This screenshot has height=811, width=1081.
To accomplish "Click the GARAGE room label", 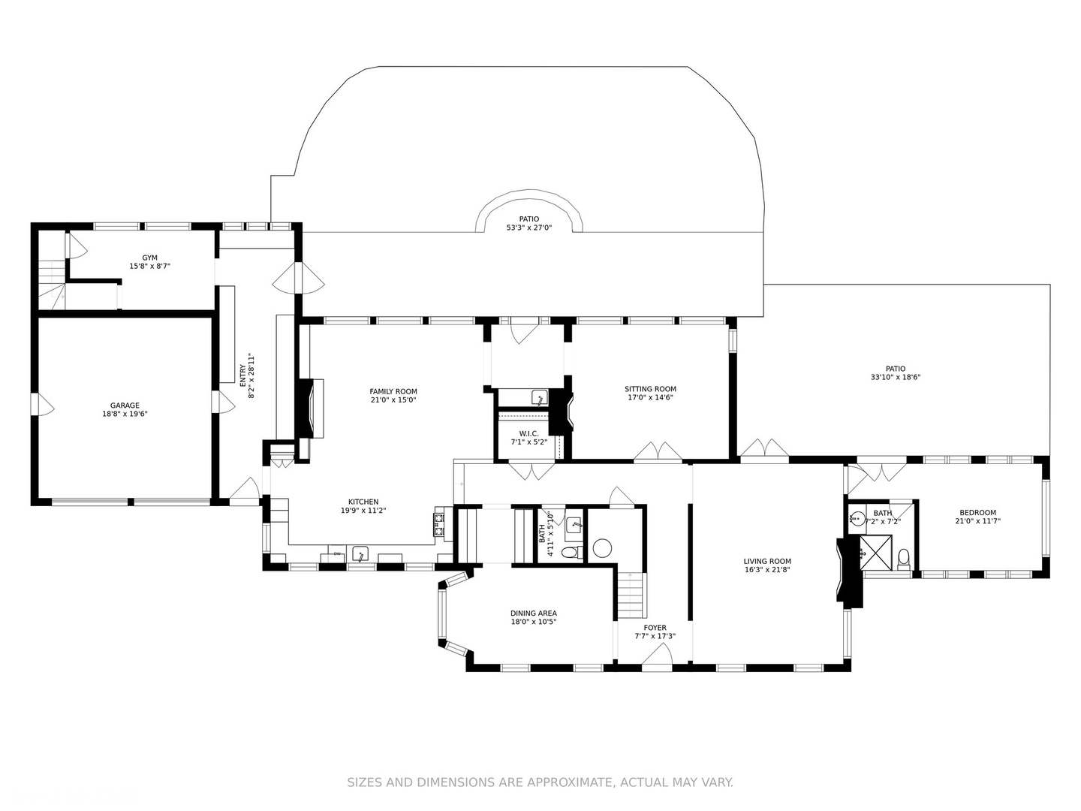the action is tap(125, 405).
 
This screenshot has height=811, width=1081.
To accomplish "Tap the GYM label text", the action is tap(149, 258).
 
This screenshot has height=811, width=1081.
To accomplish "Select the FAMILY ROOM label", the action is tap(393, 391).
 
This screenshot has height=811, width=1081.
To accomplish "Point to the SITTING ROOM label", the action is tap(650, 388).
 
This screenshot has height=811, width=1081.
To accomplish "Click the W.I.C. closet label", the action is tap(528, 433).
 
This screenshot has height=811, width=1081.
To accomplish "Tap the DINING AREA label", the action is tap(533, 613).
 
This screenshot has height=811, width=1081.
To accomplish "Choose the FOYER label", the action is tap(655, 627).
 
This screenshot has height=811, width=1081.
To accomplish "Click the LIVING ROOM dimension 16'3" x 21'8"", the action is tap(767, 570).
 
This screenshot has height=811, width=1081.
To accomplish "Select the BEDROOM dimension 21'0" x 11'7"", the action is tap(977, 520).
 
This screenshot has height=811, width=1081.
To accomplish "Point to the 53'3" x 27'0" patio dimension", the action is tap(529, 228).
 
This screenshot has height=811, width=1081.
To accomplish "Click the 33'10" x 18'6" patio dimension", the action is tap(896, 377).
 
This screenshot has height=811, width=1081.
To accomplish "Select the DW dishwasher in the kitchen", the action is tap(337, 553).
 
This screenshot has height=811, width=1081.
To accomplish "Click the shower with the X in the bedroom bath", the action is tap(876, 553).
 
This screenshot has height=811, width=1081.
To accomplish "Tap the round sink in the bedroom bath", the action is tap(857, 518).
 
